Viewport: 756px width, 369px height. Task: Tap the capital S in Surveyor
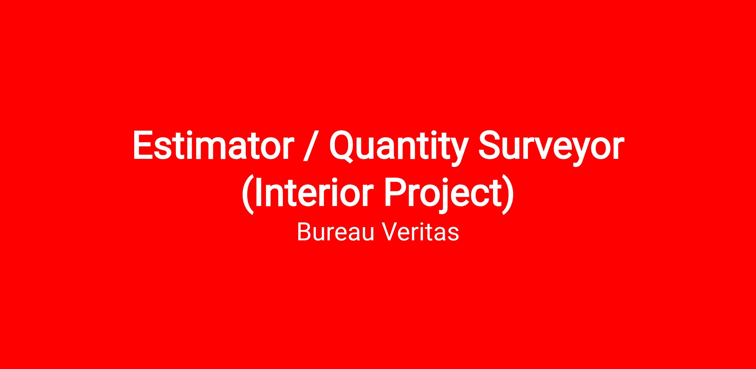click(x=490, y=145)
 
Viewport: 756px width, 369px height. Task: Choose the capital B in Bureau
click(x=305, y=232)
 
